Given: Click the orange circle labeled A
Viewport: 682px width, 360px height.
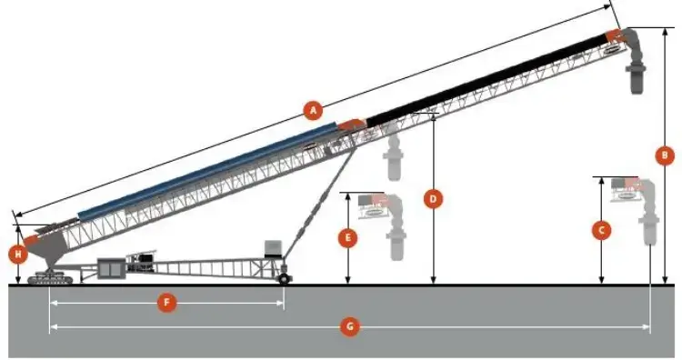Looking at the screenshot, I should (312, 111).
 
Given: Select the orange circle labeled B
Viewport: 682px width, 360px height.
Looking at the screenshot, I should (666, 155).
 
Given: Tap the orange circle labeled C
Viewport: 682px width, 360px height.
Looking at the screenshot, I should (600, 230).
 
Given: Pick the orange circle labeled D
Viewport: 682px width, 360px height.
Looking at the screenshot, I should (434, 197).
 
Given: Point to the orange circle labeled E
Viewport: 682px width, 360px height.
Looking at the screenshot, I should (346, 238).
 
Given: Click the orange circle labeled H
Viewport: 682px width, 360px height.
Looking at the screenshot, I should (17, 254).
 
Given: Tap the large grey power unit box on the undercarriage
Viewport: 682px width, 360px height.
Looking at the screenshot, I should (113, 269).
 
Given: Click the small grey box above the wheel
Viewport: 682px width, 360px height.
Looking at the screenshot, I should (273, 248).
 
